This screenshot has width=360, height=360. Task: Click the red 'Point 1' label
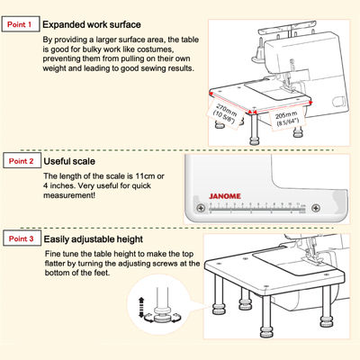coord(20,24)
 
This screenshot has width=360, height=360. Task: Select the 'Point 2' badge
coord(20,161)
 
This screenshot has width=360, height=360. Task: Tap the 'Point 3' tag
coord(20,238)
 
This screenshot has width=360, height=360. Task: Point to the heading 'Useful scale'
coord(75,160)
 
